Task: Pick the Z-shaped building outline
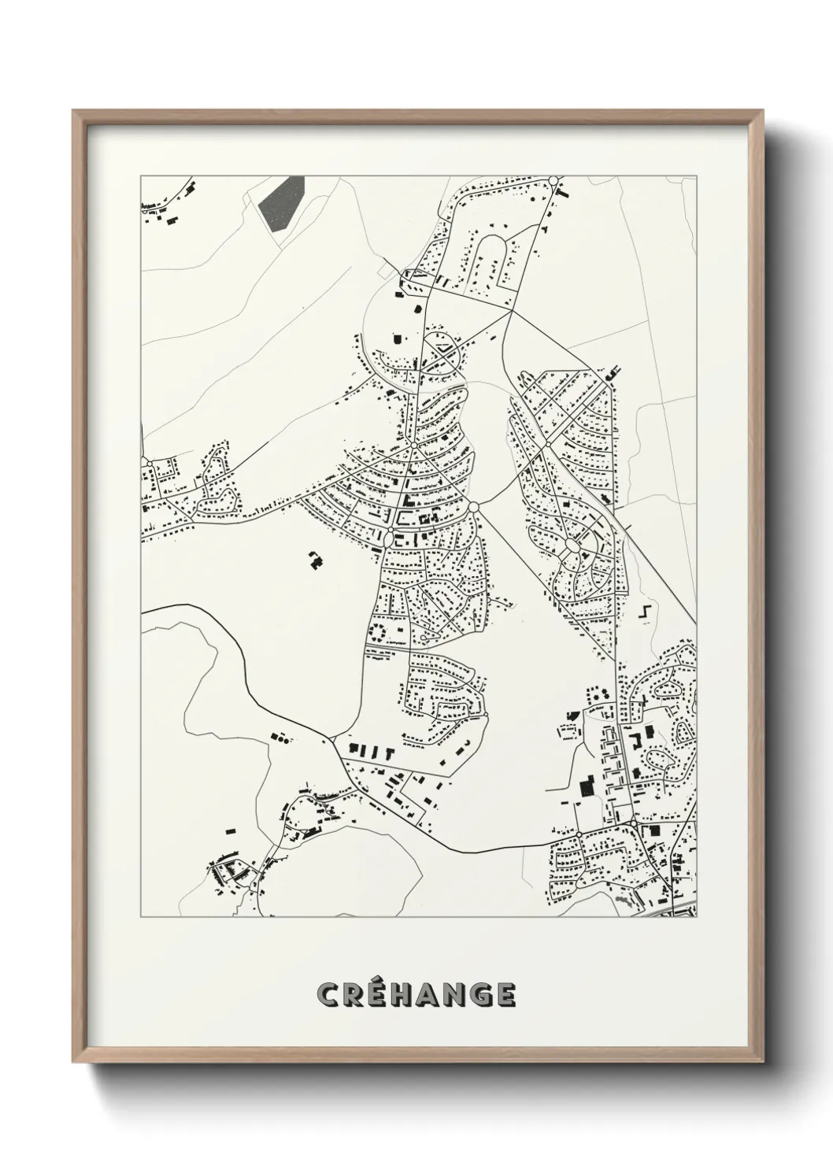(x=646, y=612)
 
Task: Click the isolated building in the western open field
(x=315, y=560)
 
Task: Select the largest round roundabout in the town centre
(x=474, y=508)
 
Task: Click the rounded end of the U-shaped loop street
(x=494, y=239)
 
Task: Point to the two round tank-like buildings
(x=601, y=693)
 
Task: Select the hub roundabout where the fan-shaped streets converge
(x=413, y=446)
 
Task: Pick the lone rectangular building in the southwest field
(x=231, y=828)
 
